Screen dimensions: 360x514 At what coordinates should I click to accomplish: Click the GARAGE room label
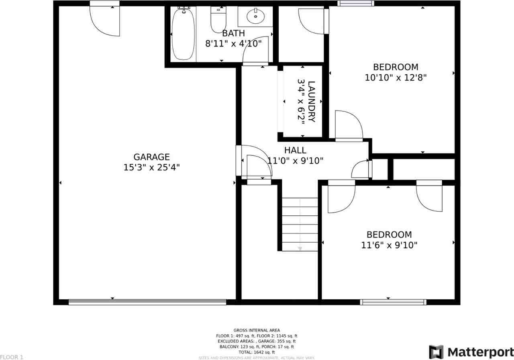[x=151, y=157]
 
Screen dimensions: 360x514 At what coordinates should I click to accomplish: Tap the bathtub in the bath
[x=183, y=35]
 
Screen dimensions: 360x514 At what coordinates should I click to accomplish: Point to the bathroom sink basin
[x=255, y=16]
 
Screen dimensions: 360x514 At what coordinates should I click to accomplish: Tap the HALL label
[x=295, y=150]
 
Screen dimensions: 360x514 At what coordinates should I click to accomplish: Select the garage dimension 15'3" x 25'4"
[x=151, y=167]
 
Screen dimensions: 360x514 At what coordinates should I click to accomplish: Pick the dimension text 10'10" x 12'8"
[x=396, y=78]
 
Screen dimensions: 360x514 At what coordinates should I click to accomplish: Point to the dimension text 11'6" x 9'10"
[x=389, y=245]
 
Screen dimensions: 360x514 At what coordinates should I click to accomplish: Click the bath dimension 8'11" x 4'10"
[x=233, y=43]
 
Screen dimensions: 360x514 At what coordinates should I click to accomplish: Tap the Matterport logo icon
[x=436, y=352]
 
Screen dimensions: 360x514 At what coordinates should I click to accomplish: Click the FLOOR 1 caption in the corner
[x=12, y=357]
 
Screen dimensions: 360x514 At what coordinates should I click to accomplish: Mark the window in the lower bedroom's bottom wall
[x=393, y=302]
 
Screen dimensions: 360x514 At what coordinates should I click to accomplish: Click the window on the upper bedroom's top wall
[x=355, y=3]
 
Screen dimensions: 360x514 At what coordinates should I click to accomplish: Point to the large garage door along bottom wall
[x=147, y=302]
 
